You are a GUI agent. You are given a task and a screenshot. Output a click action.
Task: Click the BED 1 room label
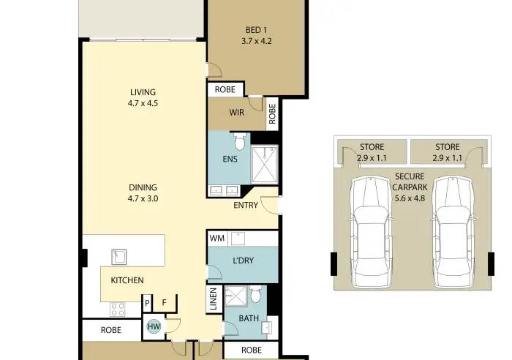coord(256,35)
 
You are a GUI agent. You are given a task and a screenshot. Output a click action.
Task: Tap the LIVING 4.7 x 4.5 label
coord(143,97)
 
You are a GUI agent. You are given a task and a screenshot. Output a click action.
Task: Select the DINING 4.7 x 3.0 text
coord(143,192)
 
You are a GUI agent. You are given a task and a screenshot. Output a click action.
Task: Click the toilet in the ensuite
coord(239,141)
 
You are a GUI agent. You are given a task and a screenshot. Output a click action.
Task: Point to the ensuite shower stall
coord(265,164)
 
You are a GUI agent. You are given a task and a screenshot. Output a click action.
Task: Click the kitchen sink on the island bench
coord(118,257)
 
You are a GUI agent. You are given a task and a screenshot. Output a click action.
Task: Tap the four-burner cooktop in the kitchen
coord(118,310)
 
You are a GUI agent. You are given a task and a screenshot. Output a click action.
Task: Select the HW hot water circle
coord(154,326)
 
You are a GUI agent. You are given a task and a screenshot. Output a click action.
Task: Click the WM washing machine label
coord(217,238)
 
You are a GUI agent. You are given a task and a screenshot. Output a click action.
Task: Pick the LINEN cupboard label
coord(214,299)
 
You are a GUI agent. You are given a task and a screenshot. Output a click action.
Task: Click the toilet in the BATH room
coord(256,294)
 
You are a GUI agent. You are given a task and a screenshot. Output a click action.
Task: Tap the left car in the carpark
coord(371,232)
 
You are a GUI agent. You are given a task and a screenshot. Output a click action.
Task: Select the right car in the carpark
coord(453,232)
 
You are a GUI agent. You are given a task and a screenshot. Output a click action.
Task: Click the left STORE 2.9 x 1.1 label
coord(372,152)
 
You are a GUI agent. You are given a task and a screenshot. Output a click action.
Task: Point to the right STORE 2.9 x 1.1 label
coord(448,152)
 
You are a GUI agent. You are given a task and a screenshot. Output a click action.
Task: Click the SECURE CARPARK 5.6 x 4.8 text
coord(410,187)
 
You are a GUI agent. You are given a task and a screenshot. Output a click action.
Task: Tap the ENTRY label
coord(246,205)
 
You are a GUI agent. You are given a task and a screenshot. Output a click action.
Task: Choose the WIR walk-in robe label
coord(236,113)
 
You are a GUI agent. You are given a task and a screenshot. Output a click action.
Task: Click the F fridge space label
coord(165,303)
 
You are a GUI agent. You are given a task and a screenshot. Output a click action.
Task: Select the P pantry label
coord(147,304)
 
